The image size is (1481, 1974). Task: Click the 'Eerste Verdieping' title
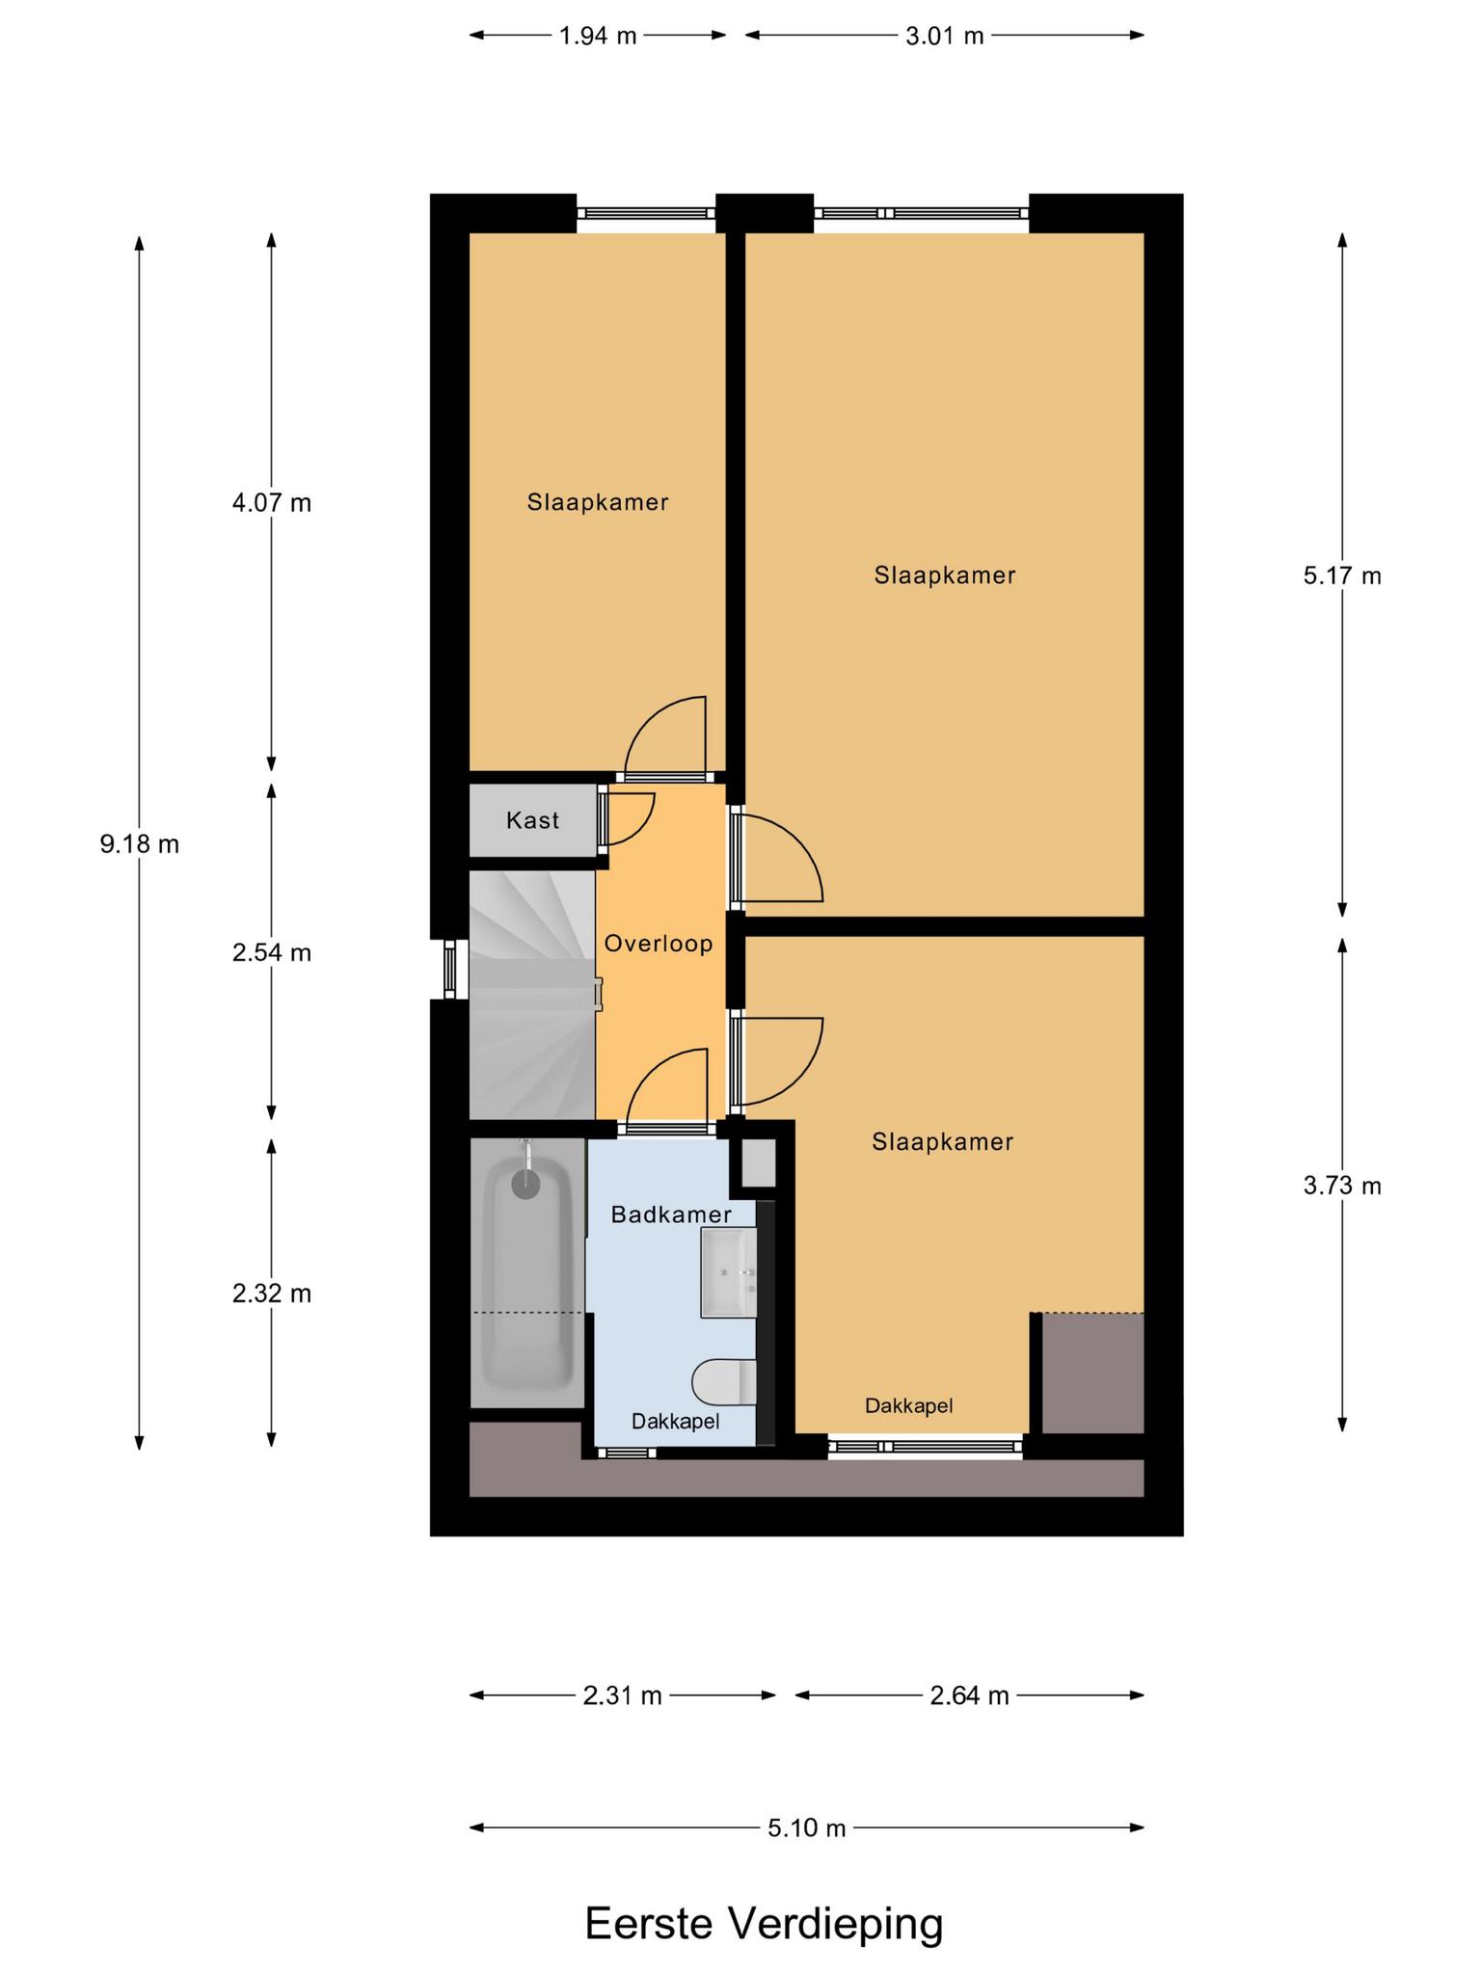click(764, 1923)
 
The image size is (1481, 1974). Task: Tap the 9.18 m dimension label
click(140, 844)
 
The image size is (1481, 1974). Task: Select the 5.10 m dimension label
click(807, 1827)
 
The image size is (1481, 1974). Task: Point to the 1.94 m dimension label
click(598, 36)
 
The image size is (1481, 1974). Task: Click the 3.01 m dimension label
click(945, 36)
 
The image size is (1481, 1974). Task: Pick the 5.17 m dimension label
click(1342, 575)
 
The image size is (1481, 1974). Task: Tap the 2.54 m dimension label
click(272, 952)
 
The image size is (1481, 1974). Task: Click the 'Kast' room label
click(533, 820)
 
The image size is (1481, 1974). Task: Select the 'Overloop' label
click(659, 944)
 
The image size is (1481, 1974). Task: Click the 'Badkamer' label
click(671, 1214)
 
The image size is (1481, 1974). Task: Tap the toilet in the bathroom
click(724, 1382)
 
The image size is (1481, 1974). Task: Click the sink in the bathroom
click(729, 1272)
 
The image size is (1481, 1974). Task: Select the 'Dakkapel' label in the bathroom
click(676, 1421)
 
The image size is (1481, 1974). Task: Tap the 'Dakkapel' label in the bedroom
click(909, 1405)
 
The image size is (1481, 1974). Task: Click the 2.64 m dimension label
click(969, 1694)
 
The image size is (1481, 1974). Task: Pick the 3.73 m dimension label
click(1342, 1186)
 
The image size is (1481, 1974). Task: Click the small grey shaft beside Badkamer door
click(758, 1163)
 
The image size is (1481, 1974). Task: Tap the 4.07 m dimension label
click(272, 502)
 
